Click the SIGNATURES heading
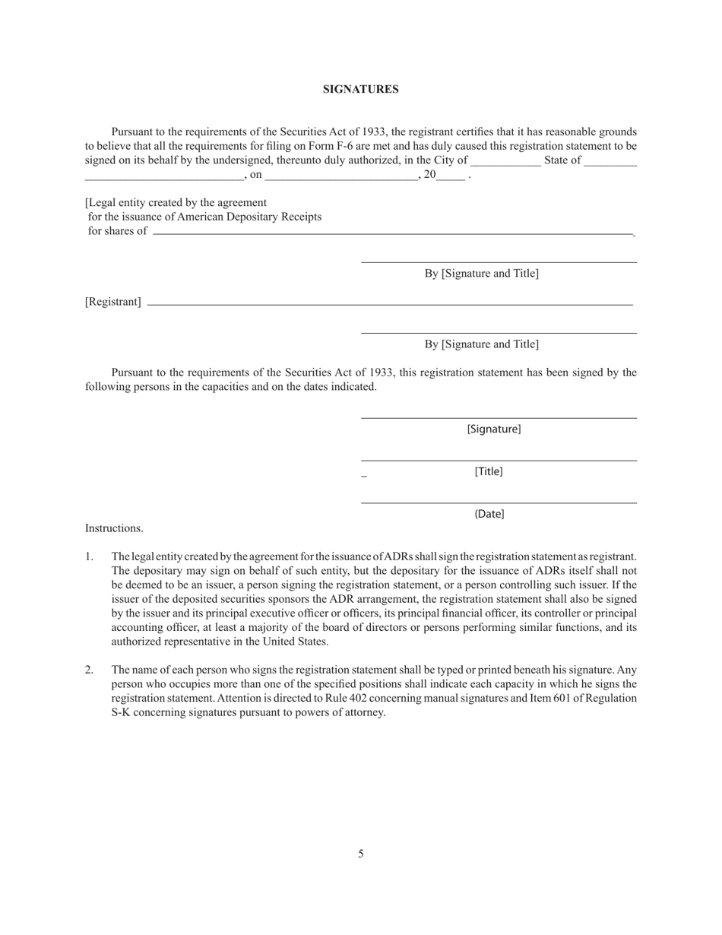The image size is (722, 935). click(360, 89)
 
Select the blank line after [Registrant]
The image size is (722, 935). click(389, 305)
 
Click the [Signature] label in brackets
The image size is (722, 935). click(494, 429)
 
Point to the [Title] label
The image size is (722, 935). click(489, 471)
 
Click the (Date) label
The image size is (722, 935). click(489, 514)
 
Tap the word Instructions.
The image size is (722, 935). click(114, 528)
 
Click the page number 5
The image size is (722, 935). click(361, 854)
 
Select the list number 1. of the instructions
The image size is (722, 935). click(90, 557)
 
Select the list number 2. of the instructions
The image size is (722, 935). click(90, 670)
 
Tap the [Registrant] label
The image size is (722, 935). click(113, 302)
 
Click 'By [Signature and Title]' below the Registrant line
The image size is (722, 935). click(482, 344)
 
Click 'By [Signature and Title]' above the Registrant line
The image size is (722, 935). click(482, 274)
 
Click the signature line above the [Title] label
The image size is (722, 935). click(499, 460)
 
